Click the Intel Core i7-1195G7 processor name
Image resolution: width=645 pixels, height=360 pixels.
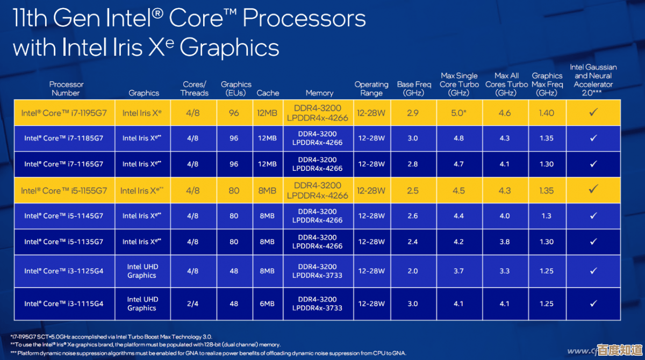coord(63,113)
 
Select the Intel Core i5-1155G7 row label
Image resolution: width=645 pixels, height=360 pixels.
coord(63,191)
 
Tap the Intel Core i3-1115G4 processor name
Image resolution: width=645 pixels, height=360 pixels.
coord(63,304)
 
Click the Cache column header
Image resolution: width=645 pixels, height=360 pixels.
coord(268,93)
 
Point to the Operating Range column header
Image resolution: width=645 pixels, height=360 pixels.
coord(371,89)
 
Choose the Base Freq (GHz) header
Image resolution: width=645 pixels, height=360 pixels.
coord(414,89)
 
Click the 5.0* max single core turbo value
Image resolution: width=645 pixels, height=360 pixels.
coord(458,113)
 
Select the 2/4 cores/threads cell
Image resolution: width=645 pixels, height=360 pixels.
coord(193,304)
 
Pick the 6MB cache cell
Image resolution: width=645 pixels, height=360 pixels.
coord(267,304)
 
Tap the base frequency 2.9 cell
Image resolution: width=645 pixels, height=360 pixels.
coord(413,113)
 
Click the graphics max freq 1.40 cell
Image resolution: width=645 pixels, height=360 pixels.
coord(546,113)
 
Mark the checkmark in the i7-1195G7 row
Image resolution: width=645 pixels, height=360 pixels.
coord(593,112)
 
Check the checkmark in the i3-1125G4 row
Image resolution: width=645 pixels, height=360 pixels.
coord(593,271)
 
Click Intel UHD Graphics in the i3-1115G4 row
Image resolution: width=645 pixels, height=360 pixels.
coord(142,304)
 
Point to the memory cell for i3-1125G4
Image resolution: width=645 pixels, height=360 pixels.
coord(317,271)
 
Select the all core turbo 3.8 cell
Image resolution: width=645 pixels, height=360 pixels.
coord(504,242)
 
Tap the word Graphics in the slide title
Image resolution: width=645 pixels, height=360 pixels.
coord(229,47)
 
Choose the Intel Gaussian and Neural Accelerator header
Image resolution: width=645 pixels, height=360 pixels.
coord(593,80)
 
